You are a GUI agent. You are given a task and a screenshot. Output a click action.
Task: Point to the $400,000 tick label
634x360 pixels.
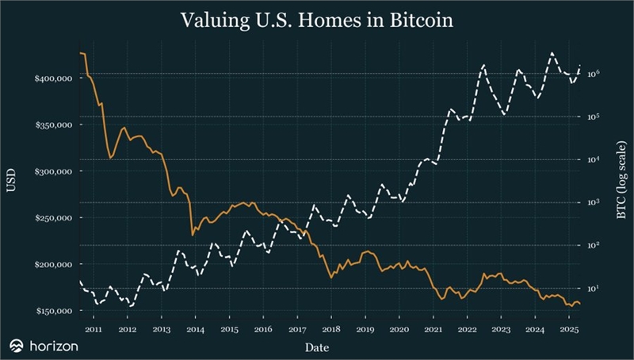[53, 79]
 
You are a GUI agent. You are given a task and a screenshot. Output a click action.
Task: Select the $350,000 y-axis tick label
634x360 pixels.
[53, 125]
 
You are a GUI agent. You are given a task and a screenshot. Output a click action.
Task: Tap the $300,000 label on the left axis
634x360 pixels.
[53, 171]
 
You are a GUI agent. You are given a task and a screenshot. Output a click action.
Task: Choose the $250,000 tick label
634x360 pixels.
[53, 218]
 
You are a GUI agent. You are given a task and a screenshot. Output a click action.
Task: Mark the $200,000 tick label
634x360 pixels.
[53, 264]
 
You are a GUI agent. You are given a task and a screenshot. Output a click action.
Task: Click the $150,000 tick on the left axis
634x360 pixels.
[53, 311]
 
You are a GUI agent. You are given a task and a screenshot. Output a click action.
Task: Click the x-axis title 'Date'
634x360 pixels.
[317, 347]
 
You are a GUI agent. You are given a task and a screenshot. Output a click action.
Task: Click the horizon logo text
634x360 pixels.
[54, 346]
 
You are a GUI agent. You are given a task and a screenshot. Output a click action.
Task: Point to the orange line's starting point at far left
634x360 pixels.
[80, 52]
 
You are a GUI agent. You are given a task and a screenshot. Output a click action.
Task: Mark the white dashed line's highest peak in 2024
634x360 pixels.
[552, 53]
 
